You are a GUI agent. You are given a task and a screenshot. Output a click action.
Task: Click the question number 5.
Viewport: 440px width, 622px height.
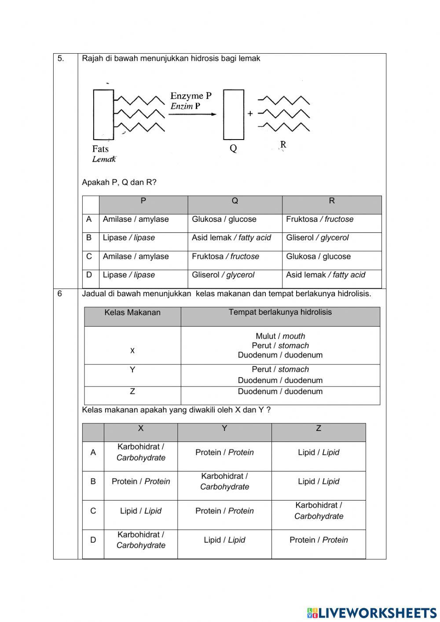pyautogui.click(x=61, y=59)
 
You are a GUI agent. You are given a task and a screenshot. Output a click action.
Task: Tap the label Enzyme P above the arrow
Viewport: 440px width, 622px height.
pyautogui.click(x=191, y=96)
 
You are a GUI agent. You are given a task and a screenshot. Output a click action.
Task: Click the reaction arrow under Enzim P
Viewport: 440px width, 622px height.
pyautogui.click(x=192, y=114)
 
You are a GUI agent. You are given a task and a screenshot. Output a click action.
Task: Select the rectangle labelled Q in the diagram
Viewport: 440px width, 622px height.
pyautogui.click(x=233, y=114)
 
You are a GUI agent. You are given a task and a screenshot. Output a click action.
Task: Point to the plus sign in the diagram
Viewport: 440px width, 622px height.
pyautogui.click(x=250, y=114)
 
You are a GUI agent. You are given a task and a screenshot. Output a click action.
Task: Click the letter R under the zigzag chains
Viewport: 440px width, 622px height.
pyautogui.click(x=283, y=144)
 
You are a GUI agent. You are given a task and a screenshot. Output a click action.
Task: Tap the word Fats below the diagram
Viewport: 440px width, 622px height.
pyautogui.click(x=100, y=149)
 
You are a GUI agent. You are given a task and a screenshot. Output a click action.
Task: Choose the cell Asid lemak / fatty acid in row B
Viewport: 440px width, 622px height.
pyautogui.click(x=231, y=238)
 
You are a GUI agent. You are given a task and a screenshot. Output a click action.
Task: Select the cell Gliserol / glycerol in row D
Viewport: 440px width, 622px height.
pyautogui.click(x=223, y=275)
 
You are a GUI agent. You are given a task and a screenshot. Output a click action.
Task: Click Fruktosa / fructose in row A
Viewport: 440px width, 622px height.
pyautogui.click(x=319, y=219)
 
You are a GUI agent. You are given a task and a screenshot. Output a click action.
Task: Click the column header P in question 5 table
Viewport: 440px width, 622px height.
pyautogui.click(x=143, y=201)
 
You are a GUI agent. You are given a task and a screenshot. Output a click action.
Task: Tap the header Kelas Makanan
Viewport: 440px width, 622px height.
pyautogui.click(x=132, y=313)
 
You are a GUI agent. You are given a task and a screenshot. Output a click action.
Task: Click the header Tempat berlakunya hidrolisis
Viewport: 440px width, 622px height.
pyautogui.click(x=280, y=312)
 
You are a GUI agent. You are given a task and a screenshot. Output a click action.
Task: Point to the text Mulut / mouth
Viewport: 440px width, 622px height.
pyautogui.click(x=280, y=336)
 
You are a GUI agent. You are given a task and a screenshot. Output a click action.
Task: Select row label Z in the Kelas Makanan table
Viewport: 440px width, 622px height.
pyautogui.click(x=132, y=391)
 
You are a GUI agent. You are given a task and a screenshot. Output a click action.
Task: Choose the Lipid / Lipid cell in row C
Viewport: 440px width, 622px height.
pyautogui.click(x=141, y=511)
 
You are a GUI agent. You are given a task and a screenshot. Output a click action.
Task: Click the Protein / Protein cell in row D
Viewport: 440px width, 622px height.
pyautogui.click(x=318, y=540)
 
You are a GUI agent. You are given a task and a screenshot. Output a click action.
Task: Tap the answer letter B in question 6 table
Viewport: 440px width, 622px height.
pyautogui.click(x=93, y=482)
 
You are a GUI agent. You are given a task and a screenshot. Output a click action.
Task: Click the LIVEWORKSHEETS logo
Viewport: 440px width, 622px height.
pyautogui.click(x=372, y=613)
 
